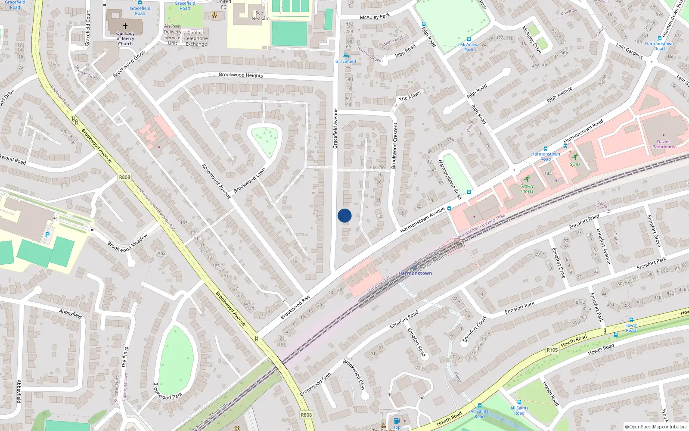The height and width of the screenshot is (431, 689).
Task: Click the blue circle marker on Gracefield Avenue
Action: (x=344, y=215)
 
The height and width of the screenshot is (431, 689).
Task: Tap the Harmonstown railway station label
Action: (x=415, y=273)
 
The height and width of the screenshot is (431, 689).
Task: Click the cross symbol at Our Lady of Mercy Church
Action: (x=125, y=26)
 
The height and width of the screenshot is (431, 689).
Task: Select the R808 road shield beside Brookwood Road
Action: (x=124, y=177)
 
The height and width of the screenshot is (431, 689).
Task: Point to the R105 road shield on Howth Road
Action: (x=552, y=350)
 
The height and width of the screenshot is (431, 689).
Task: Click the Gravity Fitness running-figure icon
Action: (x=527, y=178)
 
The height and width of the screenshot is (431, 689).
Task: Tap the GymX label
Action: (x=575, y=164)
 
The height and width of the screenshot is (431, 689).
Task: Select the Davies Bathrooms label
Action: (x=663, y=144)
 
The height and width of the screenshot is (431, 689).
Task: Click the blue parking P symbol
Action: (x=47, y=235)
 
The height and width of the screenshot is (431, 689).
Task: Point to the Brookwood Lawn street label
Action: (x=249, y=180)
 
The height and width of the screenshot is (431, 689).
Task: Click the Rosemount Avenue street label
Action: (x=217, y=181)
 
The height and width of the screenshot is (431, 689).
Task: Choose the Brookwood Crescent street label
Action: (x=394, y=145)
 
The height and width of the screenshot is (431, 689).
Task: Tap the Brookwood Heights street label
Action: (x=241, y=75)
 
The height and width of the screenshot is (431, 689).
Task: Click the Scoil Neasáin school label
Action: (x=261, y=16)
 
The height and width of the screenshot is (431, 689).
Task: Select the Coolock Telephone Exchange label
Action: (x=196, y=38)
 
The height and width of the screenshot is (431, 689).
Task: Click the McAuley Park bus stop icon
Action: (x=469, y=39)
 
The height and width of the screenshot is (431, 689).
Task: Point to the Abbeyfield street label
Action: (x=71, y=313)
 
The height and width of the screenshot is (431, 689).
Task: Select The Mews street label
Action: (x=410, y=96)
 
